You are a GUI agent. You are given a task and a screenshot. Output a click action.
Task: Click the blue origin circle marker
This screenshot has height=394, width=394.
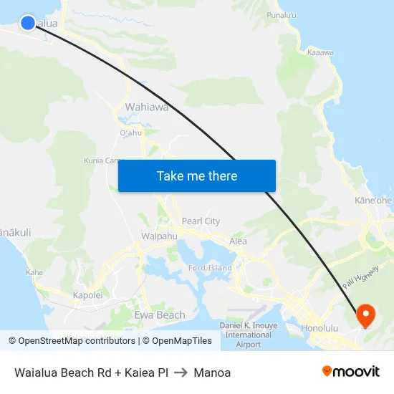click(x=28, y=23)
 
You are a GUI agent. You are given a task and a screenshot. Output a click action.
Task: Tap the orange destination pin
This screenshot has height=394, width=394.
click(x=365, y=314)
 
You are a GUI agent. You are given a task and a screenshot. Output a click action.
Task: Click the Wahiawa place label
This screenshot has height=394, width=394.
click(x=147, y=107)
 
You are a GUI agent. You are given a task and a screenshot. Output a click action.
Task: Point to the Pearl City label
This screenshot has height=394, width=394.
click(x=201, y=221)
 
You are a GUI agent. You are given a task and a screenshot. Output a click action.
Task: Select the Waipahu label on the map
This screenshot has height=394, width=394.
click(x=159, y=236)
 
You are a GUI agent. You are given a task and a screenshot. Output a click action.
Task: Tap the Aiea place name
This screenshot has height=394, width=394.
click(x=238, y=241)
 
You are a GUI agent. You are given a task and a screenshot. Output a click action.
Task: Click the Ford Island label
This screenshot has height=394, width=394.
click(x=209, y=268)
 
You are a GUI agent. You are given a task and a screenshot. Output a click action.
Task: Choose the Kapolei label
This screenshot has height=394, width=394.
click(x=88, y=295)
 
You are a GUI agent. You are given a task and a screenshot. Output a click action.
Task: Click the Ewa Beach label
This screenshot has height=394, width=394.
click(x=160, y=315)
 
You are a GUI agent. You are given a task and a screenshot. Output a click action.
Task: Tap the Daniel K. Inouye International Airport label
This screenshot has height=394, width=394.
click(x=248, y=335)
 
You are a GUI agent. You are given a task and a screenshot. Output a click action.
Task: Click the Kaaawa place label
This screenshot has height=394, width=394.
click(x=320, y=52)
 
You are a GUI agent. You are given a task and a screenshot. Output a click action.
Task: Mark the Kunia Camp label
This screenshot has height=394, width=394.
click(x=103, y=160)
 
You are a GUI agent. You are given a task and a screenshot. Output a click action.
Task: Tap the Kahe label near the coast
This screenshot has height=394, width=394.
click(x=34, y=272)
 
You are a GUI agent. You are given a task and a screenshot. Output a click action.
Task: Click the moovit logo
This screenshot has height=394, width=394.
click(x=350, y=372)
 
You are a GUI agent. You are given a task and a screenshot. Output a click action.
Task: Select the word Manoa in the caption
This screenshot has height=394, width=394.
click(x=212, y=373)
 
